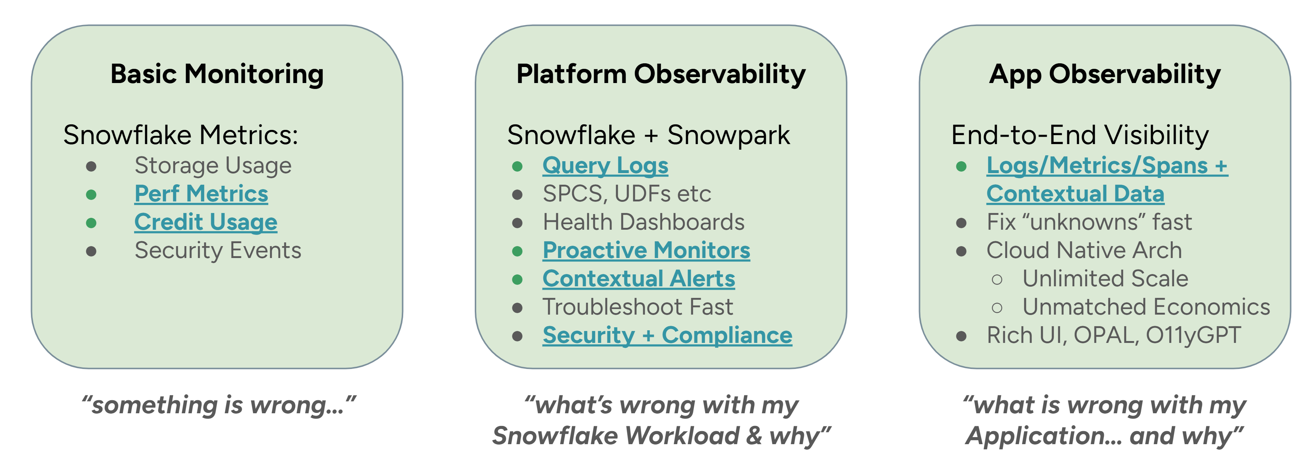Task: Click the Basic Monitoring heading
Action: (217, 75)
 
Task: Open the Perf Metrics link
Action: (201, 194)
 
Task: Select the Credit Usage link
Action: (206, 223)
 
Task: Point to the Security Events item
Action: (218, 251)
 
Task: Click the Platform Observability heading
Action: (661, 75)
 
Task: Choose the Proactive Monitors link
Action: (647, 251)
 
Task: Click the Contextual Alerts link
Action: (639, 279)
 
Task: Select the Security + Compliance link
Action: (667, 335)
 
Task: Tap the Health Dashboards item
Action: (644, 222)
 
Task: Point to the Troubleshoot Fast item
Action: (638, 307)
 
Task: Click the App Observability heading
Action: (1105, 75)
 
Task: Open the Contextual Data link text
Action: (1075, 194)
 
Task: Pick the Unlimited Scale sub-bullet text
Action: (1105, 279)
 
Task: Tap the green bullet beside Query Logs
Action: (517, 166)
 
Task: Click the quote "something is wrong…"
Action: (219, 405)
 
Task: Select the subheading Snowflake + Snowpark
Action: (648, 135)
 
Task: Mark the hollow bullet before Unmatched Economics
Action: (997, 308)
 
